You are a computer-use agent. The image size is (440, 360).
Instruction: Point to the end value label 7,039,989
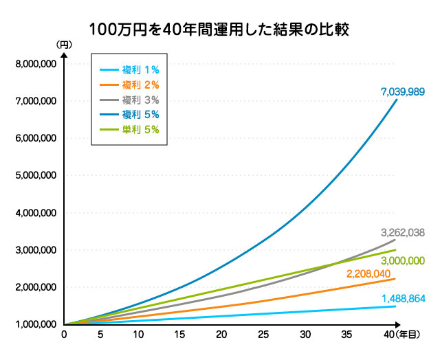click(402, 91)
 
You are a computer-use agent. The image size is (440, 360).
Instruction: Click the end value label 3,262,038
click(402, 233)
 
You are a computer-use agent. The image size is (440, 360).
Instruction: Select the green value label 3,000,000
click(401, 260)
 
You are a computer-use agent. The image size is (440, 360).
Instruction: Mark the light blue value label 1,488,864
click(402, 299)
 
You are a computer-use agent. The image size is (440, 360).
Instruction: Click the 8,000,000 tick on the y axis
click(34, 64)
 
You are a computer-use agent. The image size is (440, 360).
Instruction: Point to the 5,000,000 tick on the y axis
click(34, 175)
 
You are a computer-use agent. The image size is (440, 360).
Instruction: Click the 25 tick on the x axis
click(264, 335)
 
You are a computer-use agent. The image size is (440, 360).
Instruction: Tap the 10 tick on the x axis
click(139, 335)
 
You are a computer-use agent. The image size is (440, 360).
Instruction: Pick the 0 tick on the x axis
click(64, 335)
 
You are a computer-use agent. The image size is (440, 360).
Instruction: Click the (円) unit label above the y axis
click(64, 44)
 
